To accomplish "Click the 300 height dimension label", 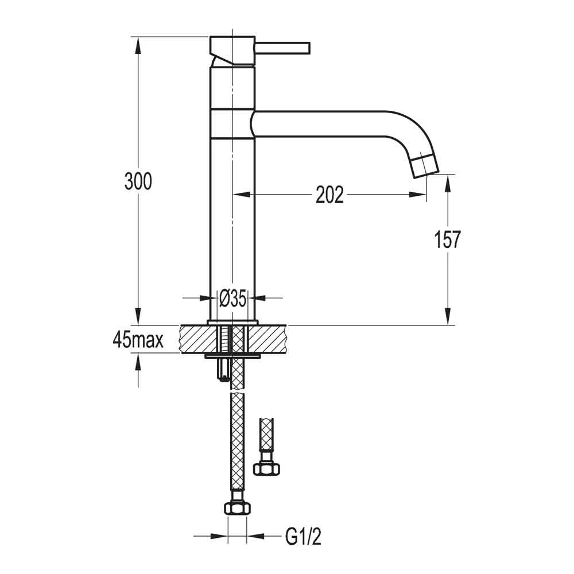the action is click(x=138, y=181).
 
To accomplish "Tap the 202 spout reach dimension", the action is click(x=329, y=195).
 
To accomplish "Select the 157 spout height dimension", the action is click(x=447, y=239).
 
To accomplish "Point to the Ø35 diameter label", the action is click(x=232, y=298).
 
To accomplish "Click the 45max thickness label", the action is click(x=138, y=340).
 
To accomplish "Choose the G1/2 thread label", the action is click(x=303, y=537).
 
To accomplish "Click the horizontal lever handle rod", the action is click(x=282, y=48).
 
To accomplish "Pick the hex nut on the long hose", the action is click(x=237, y=508).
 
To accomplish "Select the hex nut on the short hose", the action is click(x=266, y=468).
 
